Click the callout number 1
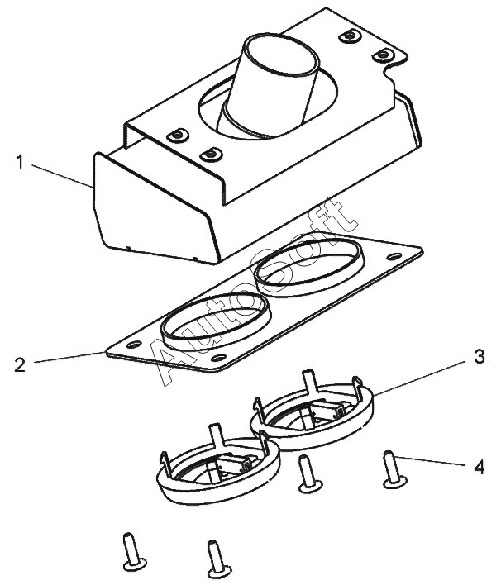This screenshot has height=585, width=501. click(x=19, y=162)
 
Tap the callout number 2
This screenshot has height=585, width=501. click(x=19, y=364)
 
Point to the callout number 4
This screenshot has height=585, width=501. click(x=479, y=467)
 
